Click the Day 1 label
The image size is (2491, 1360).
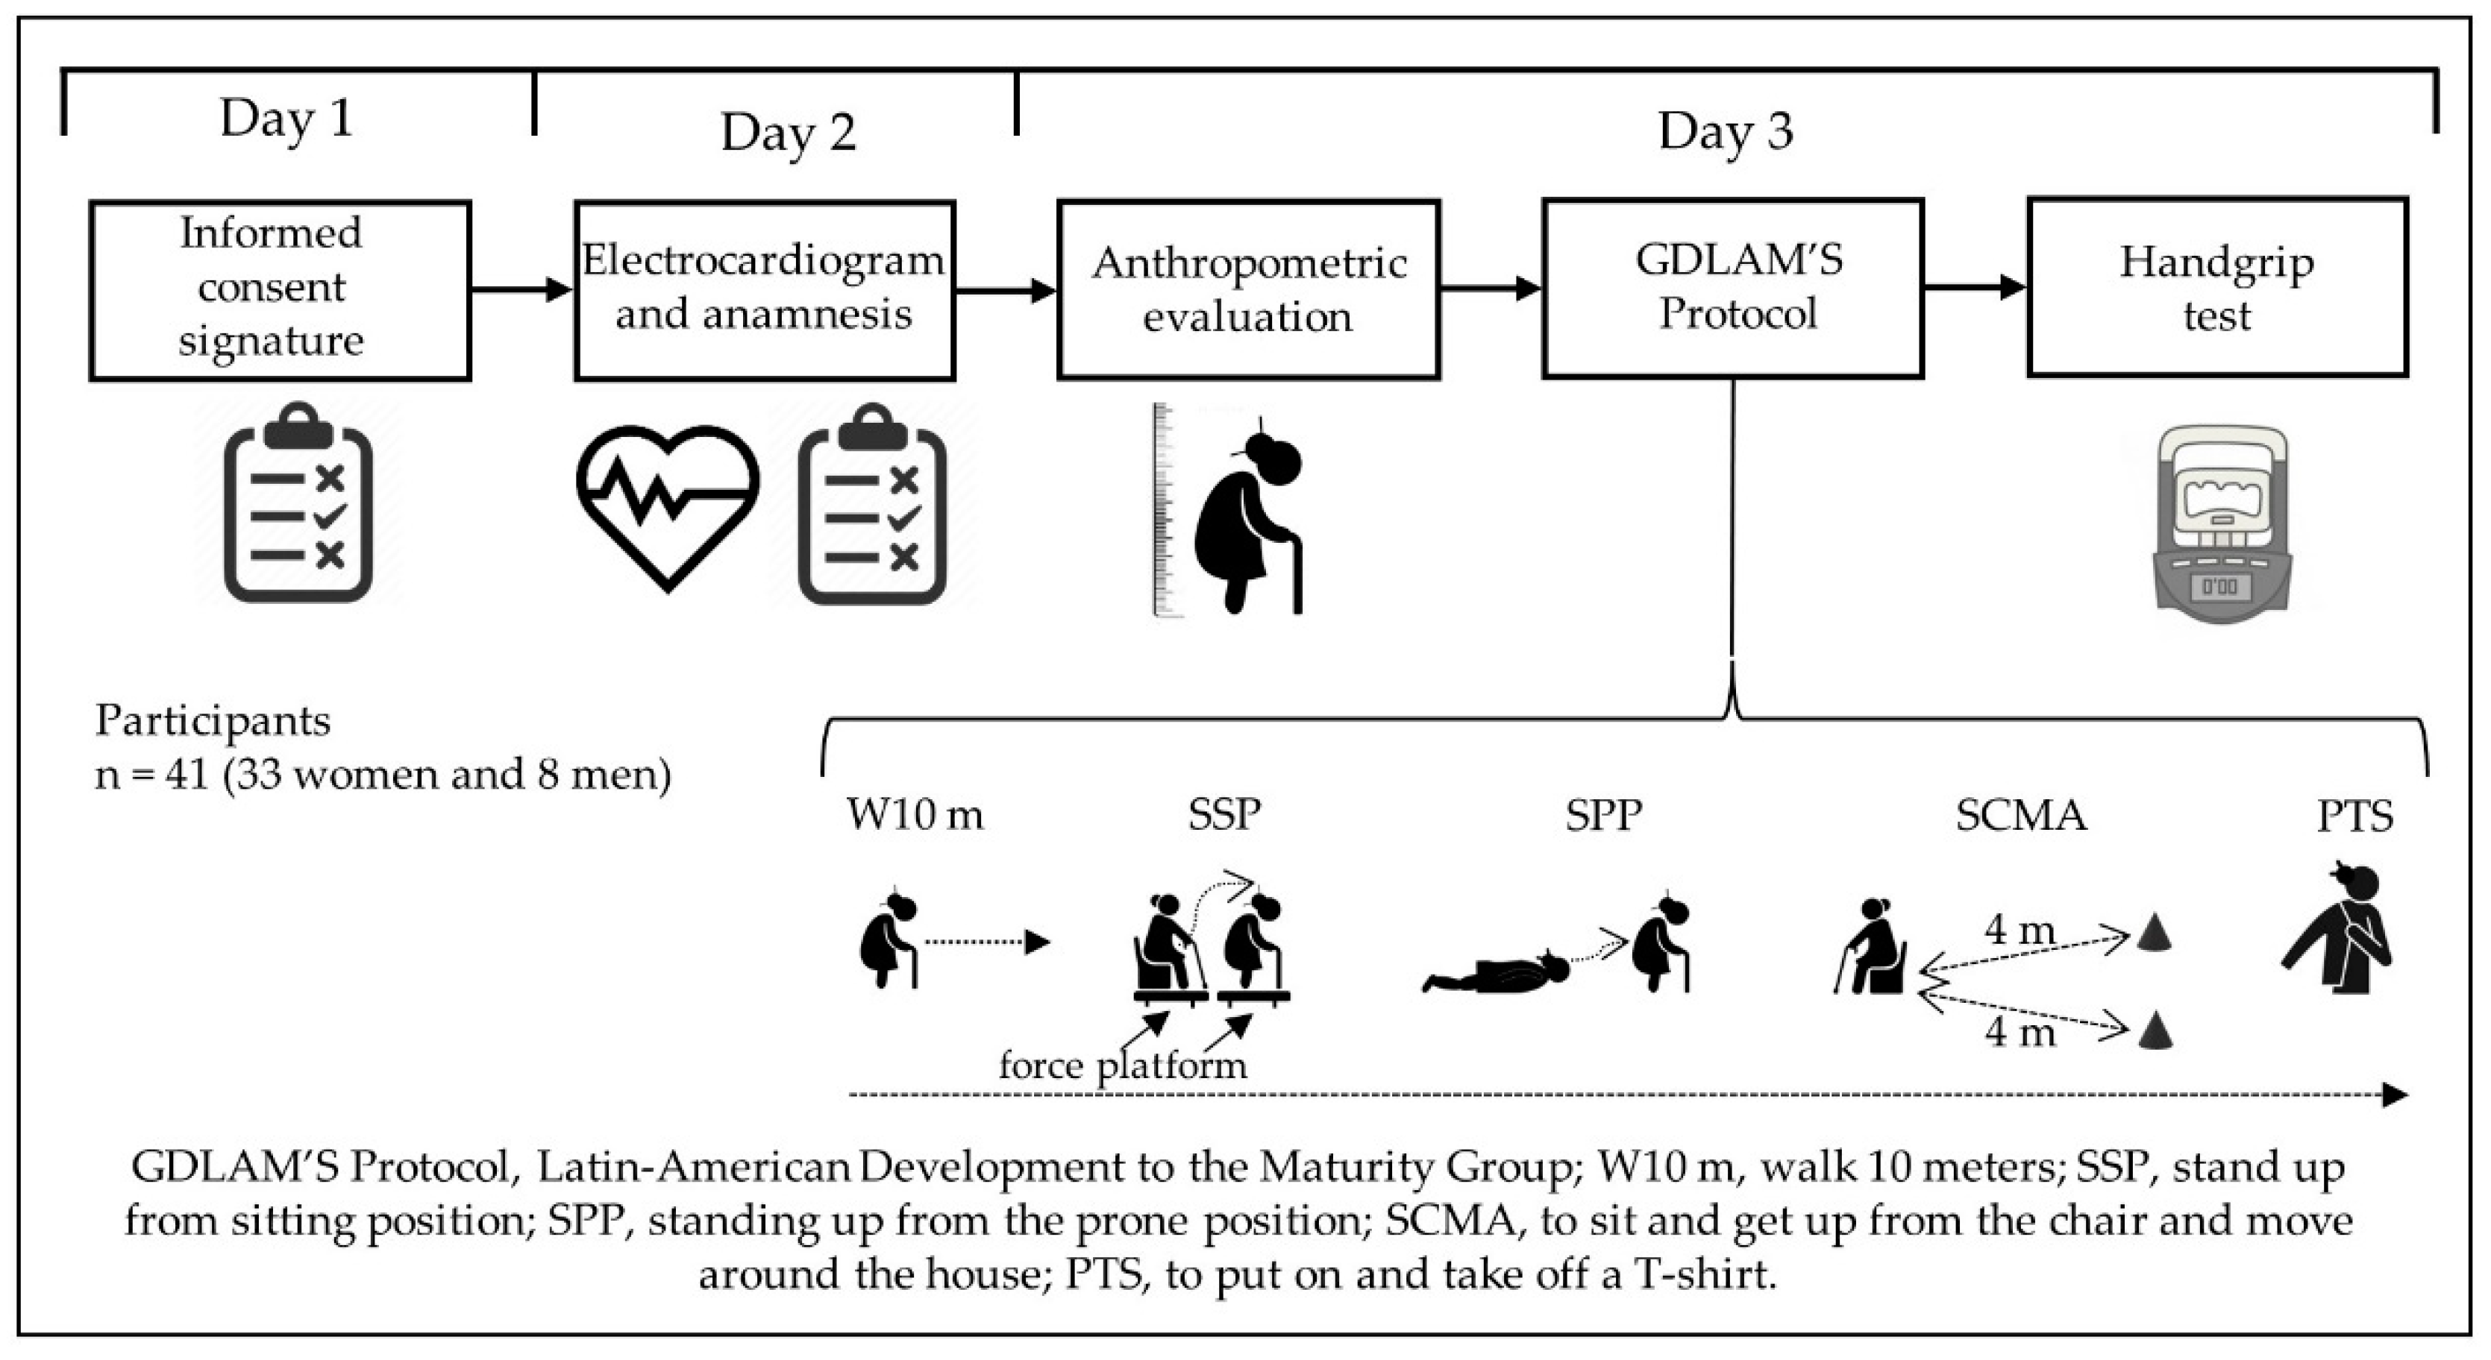(286, 119)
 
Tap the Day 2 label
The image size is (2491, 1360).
(788, 133)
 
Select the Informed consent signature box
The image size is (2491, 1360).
(280, 289)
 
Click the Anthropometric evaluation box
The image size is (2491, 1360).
(1248, 289)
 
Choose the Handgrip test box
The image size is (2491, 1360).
(2216, 287)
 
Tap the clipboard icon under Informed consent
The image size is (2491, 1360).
(298, 503)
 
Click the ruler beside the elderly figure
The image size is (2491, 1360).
(1162, 510)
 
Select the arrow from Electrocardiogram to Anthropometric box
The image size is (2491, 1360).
(1006, 290)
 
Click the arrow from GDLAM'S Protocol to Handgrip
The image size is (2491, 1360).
(1975, 287)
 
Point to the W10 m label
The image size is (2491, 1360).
(915, 814)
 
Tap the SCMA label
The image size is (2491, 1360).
(2020, 815)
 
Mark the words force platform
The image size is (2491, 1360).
(1122, 1065)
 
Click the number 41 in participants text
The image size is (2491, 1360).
(187, 774)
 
